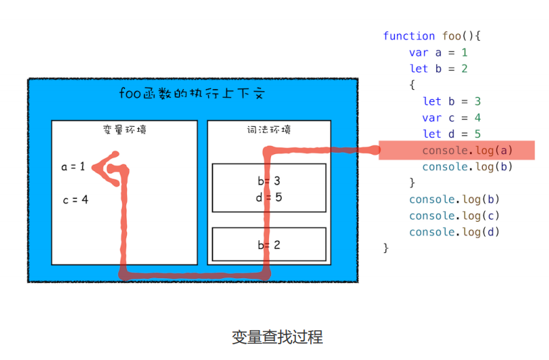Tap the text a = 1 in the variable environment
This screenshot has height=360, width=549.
click(73, 167)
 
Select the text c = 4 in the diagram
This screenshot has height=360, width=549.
click(75, 200)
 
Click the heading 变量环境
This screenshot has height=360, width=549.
click(124, 130)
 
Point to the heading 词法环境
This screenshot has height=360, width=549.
click(269, 130)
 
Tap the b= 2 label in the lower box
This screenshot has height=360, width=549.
click(269, 245)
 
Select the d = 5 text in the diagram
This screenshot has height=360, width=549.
click(269, 197)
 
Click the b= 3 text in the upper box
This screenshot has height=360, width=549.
click(269, 181)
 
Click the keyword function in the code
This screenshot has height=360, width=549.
click(409, 36)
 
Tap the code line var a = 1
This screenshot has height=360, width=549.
click(438, 52)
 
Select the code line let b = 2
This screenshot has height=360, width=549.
click(438, 68)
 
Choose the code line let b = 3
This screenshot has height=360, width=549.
click(451, 101)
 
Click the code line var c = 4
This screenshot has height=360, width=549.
click(451, 118)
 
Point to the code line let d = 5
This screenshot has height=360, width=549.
click(451, 134)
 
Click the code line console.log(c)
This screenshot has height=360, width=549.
click(454, 215)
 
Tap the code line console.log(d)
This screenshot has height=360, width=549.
click(454, 232)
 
